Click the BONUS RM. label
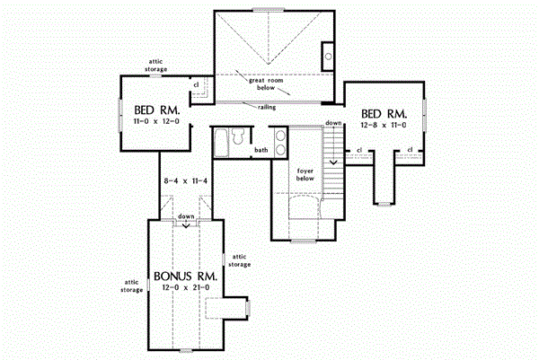point(185,277)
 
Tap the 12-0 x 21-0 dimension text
point(186,287)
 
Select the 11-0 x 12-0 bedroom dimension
point(156,121)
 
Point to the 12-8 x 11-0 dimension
point(384,125)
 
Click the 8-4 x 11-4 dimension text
point(186,180)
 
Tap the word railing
point(267,107)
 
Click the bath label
point(261,150)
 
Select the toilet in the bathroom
point(237,136)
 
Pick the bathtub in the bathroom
point(221,142)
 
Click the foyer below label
point(305,174)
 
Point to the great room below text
point(266,83)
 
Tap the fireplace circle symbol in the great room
point(328,57)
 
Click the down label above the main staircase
point(333,123)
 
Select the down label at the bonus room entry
point(186,216)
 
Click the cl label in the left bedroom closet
point(196,84)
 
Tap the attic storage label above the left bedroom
point(155,66)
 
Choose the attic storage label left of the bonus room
point(131,285)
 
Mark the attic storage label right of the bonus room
point(240,260)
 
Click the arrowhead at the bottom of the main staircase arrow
point(333,162)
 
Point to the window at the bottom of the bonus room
point(186,351)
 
